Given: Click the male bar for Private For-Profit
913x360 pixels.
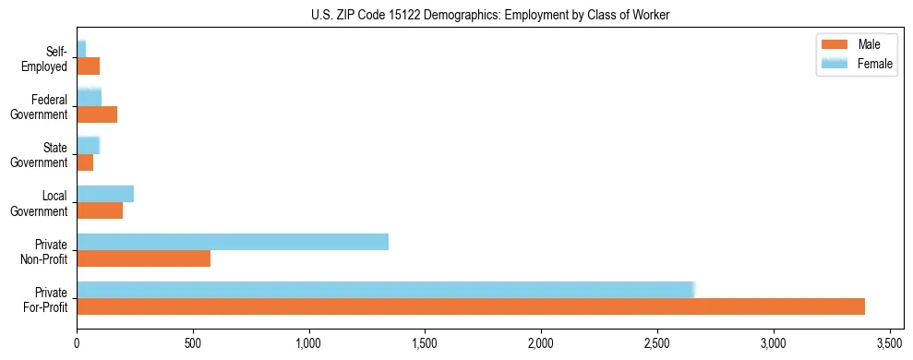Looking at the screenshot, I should coord(471,306).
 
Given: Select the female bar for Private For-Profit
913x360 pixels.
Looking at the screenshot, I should coord(385,290).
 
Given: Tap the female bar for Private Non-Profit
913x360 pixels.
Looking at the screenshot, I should coord(233,242).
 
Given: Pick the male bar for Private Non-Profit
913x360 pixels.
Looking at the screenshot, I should coord(143,258).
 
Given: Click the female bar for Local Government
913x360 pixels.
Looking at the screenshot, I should coord(105,194).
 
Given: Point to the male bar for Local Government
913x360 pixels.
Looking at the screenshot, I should coord(100,210).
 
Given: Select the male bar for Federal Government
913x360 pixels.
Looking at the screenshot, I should coord(97,114).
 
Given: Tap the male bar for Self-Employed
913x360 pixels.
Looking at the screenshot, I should coord(88,66).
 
